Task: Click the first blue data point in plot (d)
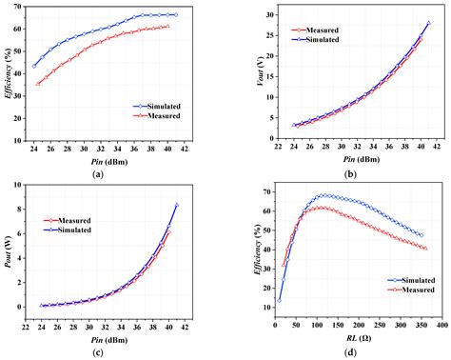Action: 279,300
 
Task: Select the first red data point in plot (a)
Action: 38,84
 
